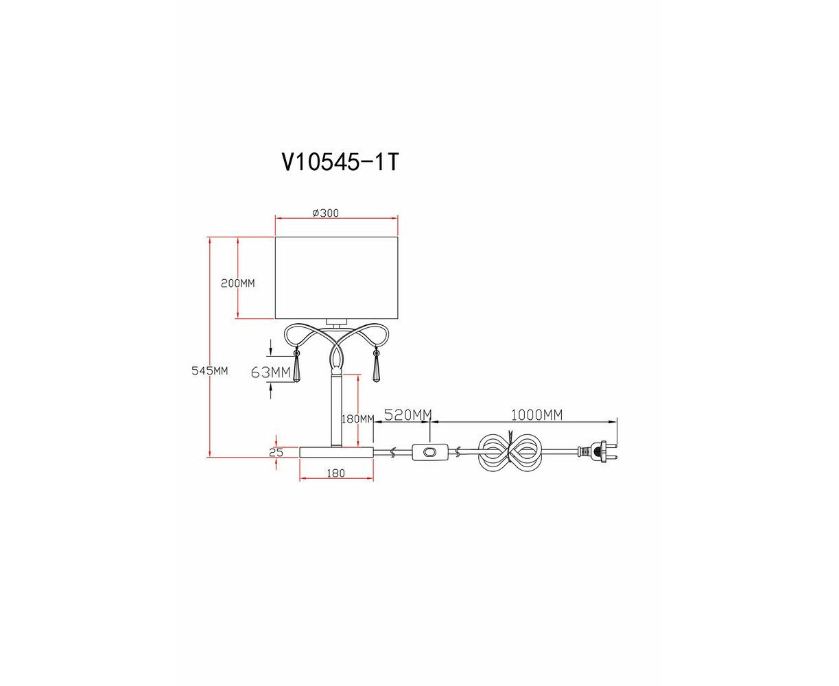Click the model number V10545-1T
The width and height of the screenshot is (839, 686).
[340, 162]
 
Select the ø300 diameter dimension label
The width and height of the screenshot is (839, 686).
[325, 213]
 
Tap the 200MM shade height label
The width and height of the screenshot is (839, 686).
[237, 283]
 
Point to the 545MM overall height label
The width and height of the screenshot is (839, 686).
[210, 371]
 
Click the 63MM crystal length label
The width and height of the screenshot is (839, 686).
[270, 372]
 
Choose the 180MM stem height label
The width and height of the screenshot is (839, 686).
[358, 418]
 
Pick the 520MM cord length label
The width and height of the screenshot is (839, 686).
[407, 415]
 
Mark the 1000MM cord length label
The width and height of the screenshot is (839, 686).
[536, 415]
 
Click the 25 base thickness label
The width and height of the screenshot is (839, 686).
[276, 453]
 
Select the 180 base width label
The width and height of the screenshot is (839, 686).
[335, 473]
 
